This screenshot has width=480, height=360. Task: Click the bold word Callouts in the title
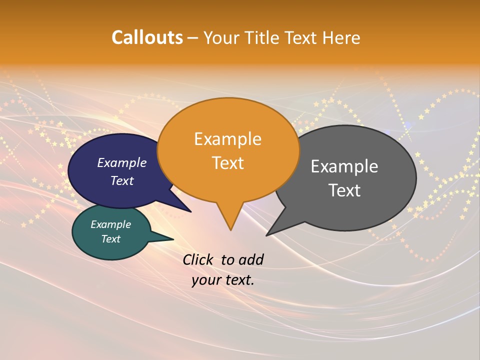[x=147, y=37]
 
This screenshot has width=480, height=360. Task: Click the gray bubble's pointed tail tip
[x=268, y=234]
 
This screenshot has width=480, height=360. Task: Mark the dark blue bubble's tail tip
[x=190, y=211]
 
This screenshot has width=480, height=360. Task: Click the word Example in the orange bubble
[x=227, y=139]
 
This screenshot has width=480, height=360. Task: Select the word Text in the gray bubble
[x=344, y=190]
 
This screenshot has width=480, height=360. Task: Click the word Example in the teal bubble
[x=111, y=224]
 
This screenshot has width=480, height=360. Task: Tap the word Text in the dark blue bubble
[x=122, y=180]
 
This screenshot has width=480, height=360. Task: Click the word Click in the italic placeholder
[x=199, y=259]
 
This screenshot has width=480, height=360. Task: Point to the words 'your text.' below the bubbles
[x=223, y=280]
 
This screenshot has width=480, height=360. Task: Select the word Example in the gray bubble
[x=344, y=166]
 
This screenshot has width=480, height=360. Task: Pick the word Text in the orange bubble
[x=228, y=163]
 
